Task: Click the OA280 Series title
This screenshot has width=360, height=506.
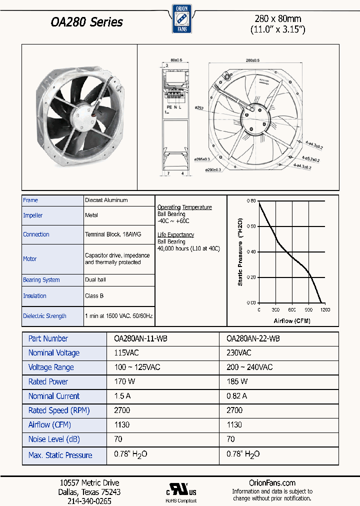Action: (x=86, y=22)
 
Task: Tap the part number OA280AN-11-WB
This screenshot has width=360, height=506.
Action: (x=137, y=338)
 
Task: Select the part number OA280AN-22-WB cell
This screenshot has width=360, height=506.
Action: (x=253, y=338)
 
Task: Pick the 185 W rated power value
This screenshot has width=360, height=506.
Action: (x=237, y=381)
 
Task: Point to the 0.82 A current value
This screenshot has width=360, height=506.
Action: (x=238, y=396)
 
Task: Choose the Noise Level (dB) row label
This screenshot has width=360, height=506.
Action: (x=54, y=439)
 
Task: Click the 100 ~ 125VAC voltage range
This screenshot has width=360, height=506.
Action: (x=137, y=367)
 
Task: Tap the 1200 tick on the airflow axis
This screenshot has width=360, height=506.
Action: (x=325, y=310)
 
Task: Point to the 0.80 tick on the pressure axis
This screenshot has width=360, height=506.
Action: (x=251, y=200)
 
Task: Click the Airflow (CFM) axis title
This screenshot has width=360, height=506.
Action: (x=292, y=320)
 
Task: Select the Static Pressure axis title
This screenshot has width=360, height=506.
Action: (x=240, y=252)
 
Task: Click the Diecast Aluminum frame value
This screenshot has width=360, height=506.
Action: (x=106, y=200)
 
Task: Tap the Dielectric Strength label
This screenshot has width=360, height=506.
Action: (x=44, y=316)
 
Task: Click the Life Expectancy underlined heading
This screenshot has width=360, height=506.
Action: (x=175, y=234)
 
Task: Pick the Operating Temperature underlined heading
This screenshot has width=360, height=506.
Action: (x=184, y=207)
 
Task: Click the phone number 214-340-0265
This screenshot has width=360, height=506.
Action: (x=89, y=500)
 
